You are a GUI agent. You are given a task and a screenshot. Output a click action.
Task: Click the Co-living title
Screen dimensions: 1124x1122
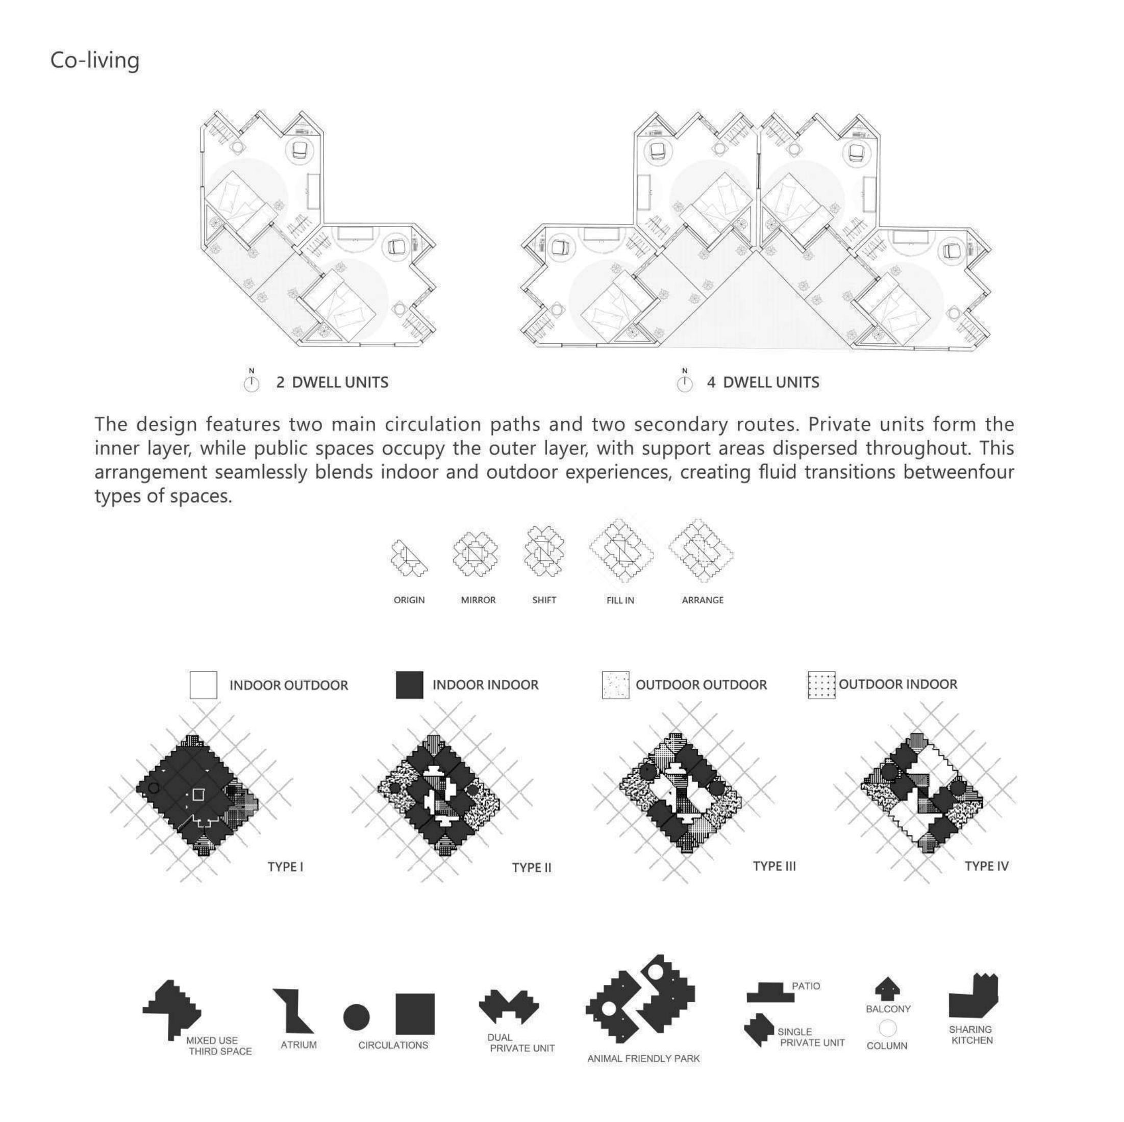click(95, 61)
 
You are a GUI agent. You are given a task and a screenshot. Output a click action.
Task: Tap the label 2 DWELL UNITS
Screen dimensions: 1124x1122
click(332, 382)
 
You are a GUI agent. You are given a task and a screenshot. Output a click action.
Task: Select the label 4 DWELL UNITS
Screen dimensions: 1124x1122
click(763, 382)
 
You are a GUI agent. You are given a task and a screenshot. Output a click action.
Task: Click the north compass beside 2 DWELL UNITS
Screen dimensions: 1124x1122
click(252, 384)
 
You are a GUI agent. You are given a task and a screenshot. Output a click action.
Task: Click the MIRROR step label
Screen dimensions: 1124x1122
click(478, 600)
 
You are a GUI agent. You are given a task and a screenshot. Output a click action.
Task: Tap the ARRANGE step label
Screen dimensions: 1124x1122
click(703, 600)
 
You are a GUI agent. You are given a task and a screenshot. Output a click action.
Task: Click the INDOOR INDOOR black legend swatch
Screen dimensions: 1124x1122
click(410, 684)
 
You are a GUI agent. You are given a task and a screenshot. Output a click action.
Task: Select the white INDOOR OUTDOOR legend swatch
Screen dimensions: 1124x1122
click(203, 684)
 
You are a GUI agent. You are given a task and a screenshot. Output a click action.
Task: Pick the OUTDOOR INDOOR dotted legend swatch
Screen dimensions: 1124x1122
click(821, 684)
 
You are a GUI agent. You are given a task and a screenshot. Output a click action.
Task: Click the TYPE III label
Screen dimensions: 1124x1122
click(774, 866)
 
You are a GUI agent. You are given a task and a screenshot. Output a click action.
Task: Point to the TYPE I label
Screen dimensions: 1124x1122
click(285, 866)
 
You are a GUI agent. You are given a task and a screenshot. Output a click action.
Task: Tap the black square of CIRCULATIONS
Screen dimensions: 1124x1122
click(415, 1014)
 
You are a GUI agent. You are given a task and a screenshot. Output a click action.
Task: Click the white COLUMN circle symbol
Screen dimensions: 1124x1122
click(888, 1028)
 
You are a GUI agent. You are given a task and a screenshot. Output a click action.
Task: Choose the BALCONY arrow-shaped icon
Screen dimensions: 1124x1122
click(887, 987)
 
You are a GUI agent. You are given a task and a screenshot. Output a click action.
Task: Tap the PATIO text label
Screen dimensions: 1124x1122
click(806, 986)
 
